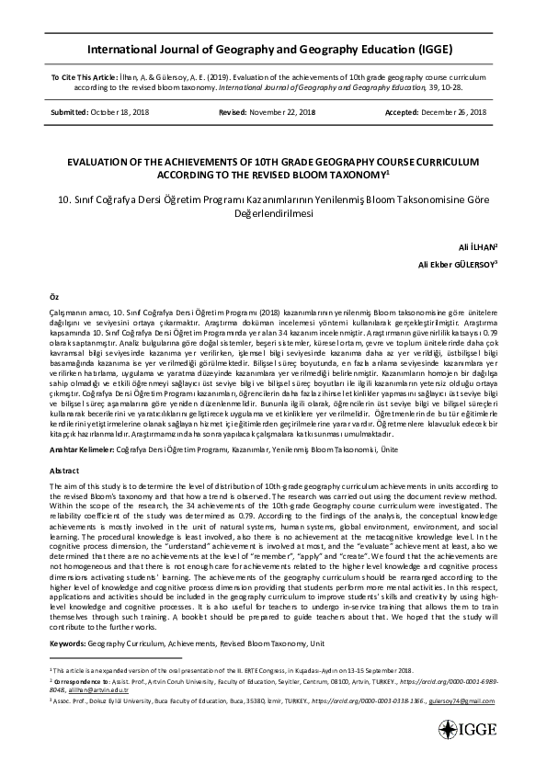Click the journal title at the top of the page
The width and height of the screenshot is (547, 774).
click(x=273, y=49)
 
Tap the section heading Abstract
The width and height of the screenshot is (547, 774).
click(x=64, y=470)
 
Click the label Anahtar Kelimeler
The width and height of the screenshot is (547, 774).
click(x=81, y=451)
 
